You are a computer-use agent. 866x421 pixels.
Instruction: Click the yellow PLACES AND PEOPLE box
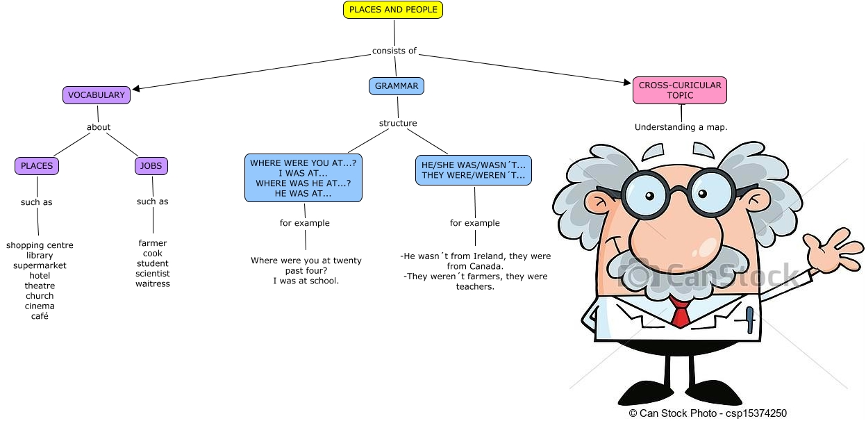[x=393, y=10]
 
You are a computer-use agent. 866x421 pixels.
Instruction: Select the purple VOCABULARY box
[x=97, y=95]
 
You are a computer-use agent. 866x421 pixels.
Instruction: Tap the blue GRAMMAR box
[x=397, y=86]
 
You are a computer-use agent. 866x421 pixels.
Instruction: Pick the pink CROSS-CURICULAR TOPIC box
[x=680, y=90]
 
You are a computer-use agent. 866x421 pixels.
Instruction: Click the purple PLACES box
[x=37, y=166]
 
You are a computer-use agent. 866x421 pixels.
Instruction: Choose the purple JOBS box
[x=151, y=166]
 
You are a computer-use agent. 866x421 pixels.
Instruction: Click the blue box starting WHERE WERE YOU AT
[x=303, y=179]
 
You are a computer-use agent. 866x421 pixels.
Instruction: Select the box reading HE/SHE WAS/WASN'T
[x=474, y=170]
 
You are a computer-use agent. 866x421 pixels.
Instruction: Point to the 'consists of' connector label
[x=394, y=51]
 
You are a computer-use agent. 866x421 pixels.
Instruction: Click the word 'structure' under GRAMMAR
[x=398, y=124]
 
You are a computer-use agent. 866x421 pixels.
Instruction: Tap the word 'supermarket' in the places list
[x=40, y=265]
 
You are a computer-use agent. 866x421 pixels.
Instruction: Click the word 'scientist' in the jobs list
[x=153, y=274]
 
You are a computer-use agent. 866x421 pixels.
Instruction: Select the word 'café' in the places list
[x=40, y=316]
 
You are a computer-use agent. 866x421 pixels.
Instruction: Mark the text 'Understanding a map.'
[x=681, y=127]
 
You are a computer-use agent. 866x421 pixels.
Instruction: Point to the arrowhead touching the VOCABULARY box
[x=137, y=88]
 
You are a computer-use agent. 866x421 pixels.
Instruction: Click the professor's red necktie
[x=681, y=315]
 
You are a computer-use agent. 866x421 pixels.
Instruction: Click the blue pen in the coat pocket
[x=749, y=321]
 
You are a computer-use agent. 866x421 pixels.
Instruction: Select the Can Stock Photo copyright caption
[x=708, y=413]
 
